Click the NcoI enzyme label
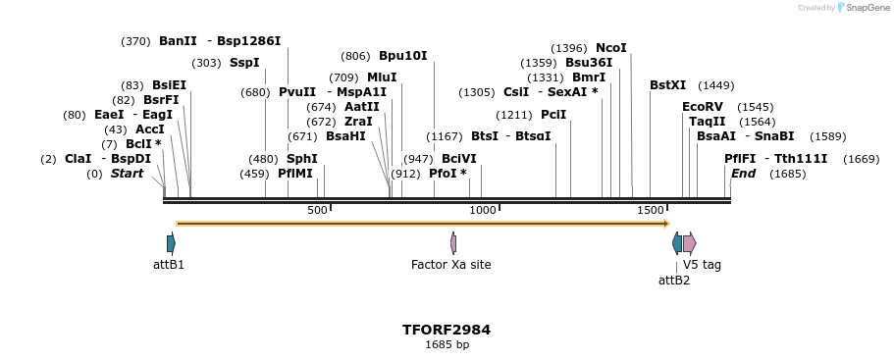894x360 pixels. (610, 48)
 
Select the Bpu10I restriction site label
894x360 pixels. (402, 56)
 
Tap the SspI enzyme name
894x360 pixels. (244, 63)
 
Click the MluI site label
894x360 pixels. (382, 77)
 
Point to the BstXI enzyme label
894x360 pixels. (667, 85)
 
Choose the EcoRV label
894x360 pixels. (702, 107)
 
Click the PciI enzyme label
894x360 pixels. (553, 114)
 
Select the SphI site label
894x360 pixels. (301, 159)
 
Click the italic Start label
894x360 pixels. (127, 174)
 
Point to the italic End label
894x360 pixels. (743, 174)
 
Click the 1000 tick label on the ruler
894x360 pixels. (483, 210)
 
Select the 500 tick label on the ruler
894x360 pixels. (317, 210)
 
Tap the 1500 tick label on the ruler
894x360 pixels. (650, 210)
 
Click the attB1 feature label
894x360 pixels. (169, 265)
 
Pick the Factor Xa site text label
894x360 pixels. (450, 265)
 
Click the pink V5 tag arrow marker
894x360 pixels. (689, 242)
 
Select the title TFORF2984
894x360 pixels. (447, 330)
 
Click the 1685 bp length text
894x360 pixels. (447, 345)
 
